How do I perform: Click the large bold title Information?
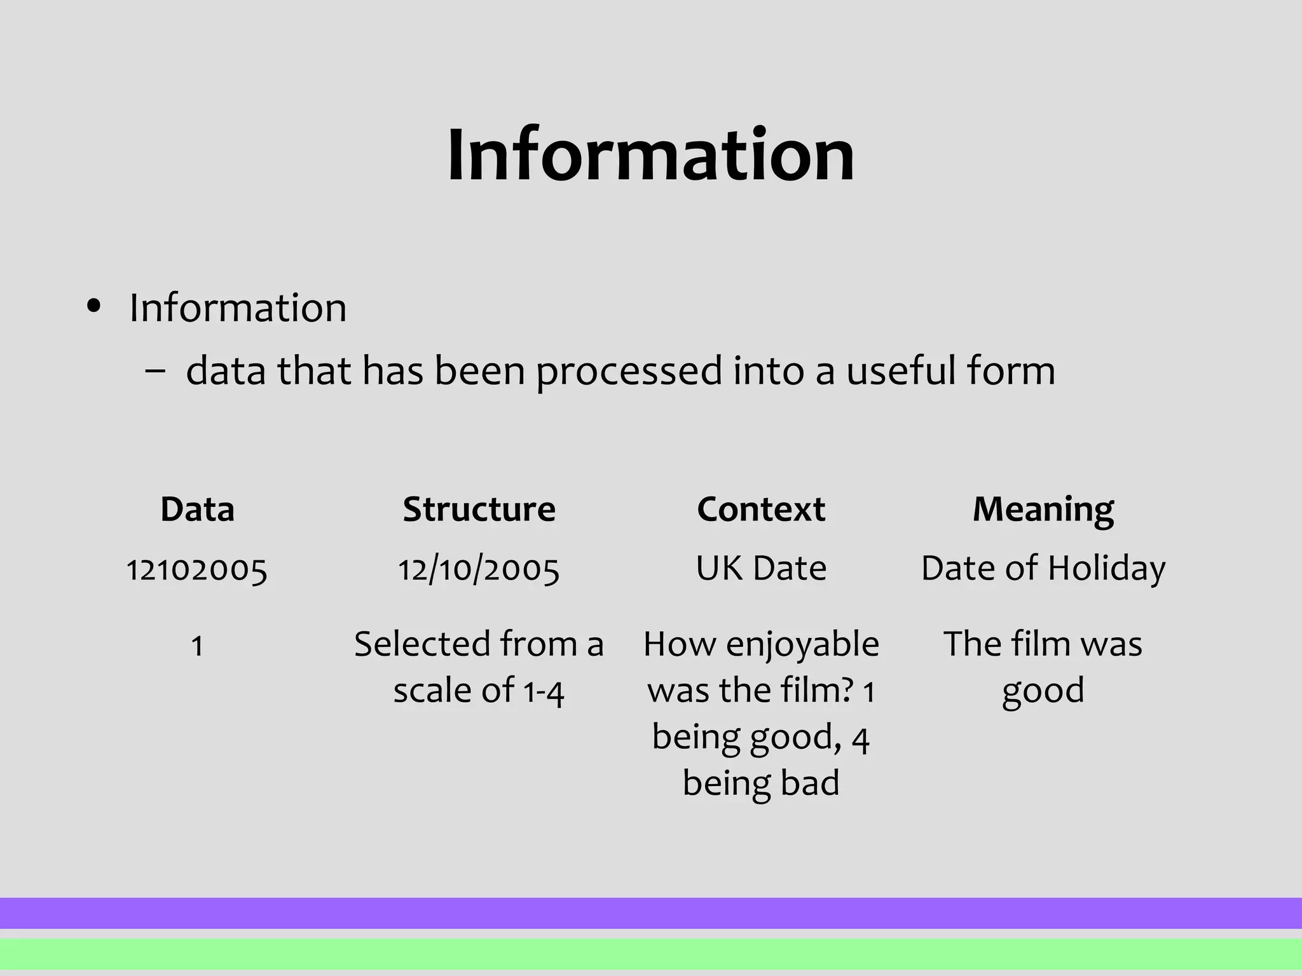pyautogui.click(x=650, y=155)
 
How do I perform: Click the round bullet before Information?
pyautogui.click(x=94, y=308)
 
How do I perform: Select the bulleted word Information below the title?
pyautogui.click(x=238, y=308)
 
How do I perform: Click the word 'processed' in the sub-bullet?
pyautogui.click(x=629, y=371)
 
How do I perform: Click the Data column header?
pyautogui.click(x=197, y=510)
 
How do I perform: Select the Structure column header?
pyautogui.click(x=479, y=510)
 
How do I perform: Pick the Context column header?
pyautogui.click(x=761, y=510)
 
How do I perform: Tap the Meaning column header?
pyautogui.click(x=1043, y=510)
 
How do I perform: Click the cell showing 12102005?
pyautogui.click(x=197, y=569)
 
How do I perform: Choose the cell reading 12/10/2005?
pyautogui.click(x=479, y=569)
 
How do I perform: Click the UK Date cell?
pyautogui.click(x=761, y=568)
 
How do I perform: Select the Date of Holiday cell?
pyautogui.click(x=1043, y=568)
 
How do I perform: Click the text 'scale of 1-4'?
pyautogui.click(x=479, y=691)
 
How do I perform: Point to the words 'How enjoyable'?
pyautogui.click(x=761, y=645)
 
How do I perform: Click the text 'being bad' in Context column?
pyautogui.click(x=761, y=783)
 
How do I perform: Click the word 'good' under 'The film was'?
pyautogui.click(x=1043, y=691)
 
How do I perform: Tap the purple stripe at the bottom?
pyautogui.click(x=650, y=913)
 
